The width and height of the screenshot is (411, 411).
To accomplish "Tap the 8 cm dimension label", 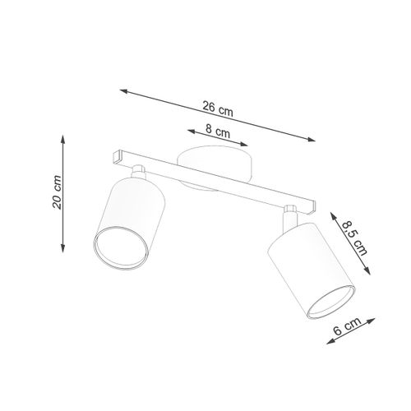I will (217, 129).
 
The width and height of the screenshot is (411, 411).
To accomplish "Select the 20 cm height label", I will (56, 192).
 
